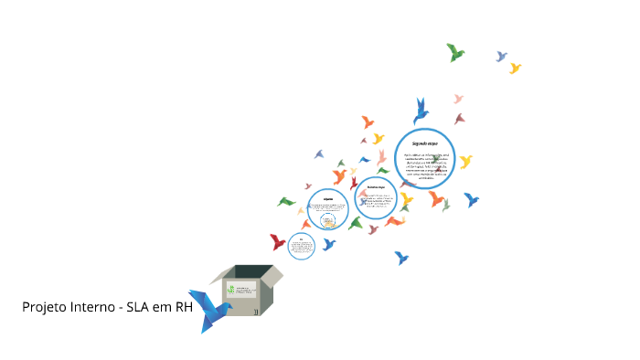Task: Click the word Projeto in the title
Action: click(x=43, y=307)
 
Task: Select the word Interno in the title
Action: click(x=93, y=307)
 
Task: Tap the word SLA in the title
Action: click(x=144, y=307)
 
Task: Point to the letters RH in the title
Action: click(x=184, y=307)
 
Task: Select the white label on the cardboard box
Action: click(x=241, y=292)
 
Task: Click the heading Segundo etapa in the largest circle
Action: click(x=425, y=144)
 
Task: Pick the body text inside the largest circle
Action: click(x=425, y=165)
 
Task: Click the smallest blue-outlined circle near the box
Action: click(x=301, y=245)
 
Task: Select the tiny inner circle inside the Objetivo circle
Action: click(x=327, y=218)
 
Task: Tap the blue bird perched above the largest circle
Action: click(x=421, y=112)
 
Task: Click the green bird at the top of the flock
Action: click(x=455, y=52)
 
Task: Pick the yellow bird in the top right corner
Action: click(x=515, y=68)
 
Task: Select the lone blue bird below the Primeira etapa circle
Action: click(x=400, y=258)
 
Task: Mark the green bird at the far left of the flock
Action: click(x=286, y=201)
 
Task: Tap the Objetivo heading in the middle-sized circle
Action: click(x=327, y=198)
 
